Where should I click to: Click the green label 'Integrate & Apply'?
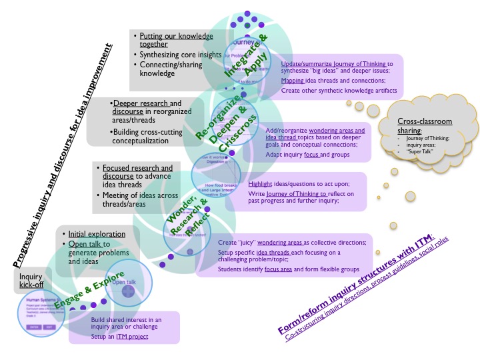[x=247, y=57]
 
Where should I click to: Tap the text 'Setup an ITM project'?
[x=119, y=337]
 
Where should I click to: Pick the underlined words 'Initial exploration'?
[x=96, y=234]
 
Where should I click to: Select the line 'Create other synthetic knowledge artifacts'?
[x=339, y=90]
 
